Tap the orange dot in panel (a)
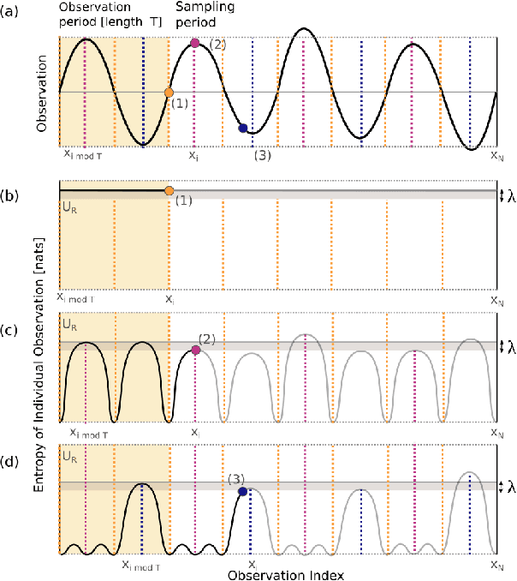click(169, 92)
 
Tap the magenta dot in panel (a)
click(195, 43)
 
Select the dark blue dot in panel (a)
click(243, 129)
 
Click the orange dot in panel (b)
click(169, 190)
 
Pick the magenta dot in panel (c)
click(195, 350)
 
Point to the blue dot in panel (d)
click(243, 492)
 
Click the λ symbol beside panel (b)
click(510, 195)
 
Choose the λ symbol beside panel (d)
click(510, 487)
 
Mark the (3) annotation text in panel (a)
click(263, 155)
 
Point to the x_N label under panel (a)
click(496, 156)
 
